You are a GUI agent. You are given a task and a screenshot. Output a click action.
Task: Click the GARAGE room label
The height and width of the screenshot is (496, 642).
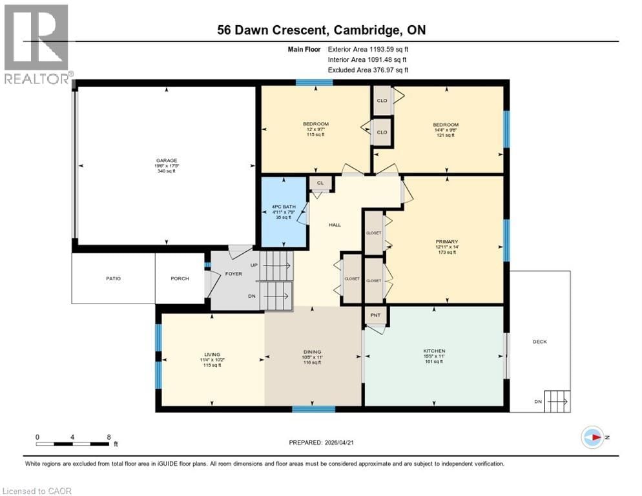pyautogui.click(x=166, y=160)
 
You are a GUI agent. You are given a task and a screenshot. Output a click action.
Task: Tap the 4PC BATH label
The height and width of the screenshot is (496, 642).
pyautogui.click(x=284, y=207)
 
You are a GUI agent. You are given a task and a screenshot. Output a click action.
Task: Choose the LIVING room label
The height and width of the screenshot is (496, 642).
pyautogui.click(x=212, y=354)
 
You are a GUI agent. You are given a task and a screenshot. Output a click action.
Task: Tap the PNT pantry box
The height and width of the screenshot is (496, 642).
pyautogui.click(x=375, y=316)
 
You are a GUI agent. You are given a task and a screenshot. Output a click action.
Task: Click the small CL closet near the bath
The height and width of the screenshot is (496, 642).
pyautogui.click(x=320, y=183)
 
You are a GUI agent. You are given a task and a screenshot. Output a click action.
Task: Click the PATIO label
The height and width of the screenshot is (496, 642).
pyautogui.click(x=114, y=278)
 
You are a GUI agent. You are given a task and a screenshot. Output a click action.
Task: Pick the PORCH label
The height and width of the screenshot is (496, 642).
pyautogui.click(x=180, y=278)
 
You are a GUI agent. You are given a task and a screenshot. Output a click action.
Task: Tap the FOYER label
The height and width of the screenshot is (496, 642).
pyautogui.click(x=233, y=273)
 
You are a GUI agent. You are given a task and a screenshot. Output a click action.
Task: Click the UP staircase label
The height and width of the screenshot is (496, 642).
pyautogui.click(x=253, y=265)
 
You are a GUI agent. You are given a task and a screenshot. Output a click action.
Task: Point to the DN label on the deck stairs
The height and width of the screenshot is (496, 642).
pyautogui.click(x=537, y=401)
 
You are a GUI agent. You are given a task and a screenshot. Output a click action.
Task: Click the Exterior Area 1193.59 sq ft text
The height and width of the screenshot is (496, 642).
pyautogui.click(x=368, y=48)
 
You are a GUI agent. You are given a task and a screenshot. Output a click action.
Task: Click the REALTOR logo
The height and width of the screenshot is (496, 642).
pyautogui.click(x=36, y=44)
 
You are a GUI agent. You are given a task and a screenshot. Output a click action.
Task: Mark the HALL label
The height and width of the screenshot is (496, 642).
pyautogui.click(x=335, y=225)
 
